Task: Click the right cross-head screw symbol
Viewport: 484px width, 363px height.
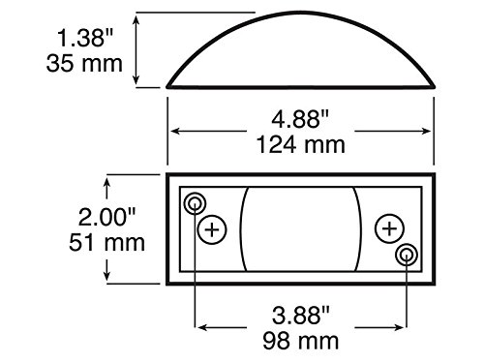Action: [x=388, y=229]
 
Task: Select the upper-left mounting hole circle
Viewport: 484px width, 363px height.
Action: [x=195, y=202]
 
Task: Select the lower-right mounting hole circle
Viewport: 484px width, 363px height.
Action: [x=406, y=256]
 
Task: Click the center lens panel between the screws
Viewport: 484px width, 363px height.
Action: [x=299, y=229]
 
